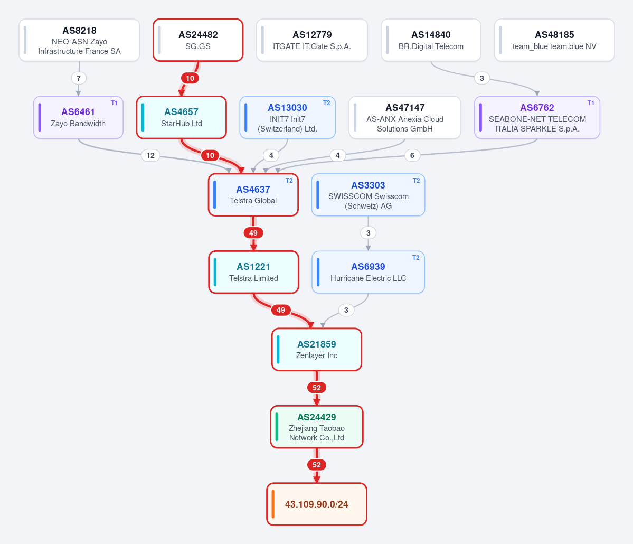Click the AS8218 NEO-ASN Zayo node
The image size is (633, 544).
coord(79,40)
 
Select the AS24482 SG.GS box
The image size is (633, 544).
coord(198,40)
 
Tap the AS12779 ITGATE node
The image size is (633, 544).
coord(311,40)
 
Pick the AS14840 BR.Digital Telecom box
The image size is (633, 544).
coord(431,40)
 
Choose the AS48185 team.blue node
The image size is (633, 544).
coord(554,40)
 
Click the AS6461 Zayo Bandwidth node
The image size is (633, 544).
coord(78,118)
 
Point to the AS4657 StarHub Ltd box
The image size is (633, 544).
coord(181,118)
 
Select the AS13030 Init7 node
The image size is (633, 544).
coord(287,118)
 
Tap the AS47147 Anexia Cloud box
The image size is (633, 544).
coord(405,118)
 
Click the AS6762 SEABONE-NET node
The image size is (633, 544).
coord(537,118)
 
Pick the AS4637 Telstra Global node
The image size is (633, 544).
coord(253,195)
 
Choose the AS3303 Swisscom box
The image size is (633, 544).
coord(368,195)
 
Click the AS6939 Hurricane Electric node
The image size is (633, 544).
coord(368,272)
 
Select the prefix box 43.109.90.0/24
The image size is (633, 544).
coord(317,504)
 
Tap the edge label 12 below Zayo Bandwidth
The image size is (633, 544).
coord(150,155)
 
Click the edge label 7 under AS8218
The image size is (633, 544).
coord(78,78)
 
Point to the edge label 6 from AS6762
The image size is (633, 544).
coord(412,155)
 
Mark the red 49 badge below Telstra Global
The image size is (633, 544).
coord(253,232)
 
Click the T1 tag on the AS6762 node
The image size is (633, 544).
coord(591,103)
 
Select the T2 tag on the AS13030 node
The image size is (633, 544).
coord(327,103)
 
